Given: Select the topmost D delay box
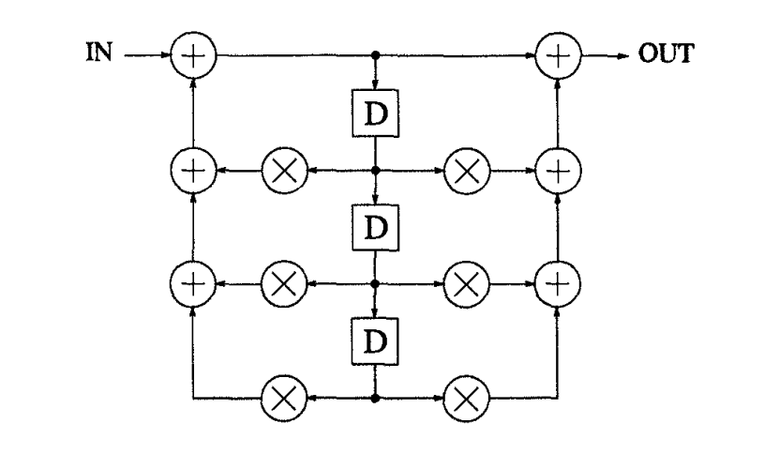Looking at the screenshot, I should coord(375,115).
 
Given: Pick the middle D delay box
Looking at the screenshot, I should coord(375,226).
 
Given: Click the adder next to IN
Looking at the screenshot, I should coord(195,55).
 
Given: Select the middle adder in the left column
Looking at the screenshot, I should coord(195,171).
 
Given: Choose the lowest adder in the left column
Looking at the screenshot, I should coord(195,281).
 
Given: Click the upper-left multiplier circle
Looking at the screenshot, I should coord(287,171).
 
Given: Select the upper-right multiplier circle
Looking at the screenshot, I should coord(464,171).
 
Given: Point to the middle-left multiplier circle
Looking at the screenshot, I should coord(287,281).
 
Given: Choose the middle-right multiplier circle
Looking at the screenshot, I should coord(464,281).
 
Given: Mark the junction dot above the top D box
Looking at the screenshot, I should coord(375,55).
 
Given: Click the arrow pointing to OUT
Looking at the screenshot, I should coord(609,55).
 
